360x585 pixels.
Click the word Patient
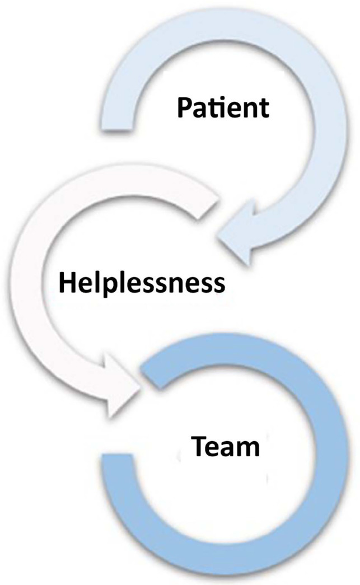coord(223,107)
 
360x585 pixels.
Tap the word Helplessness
coord(142,283)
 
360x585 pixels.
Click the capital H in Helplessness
coord(67,283)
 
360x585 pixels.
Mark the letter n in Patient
coord(249,110)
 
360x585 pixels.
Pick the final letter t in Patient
coord(264,108)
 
